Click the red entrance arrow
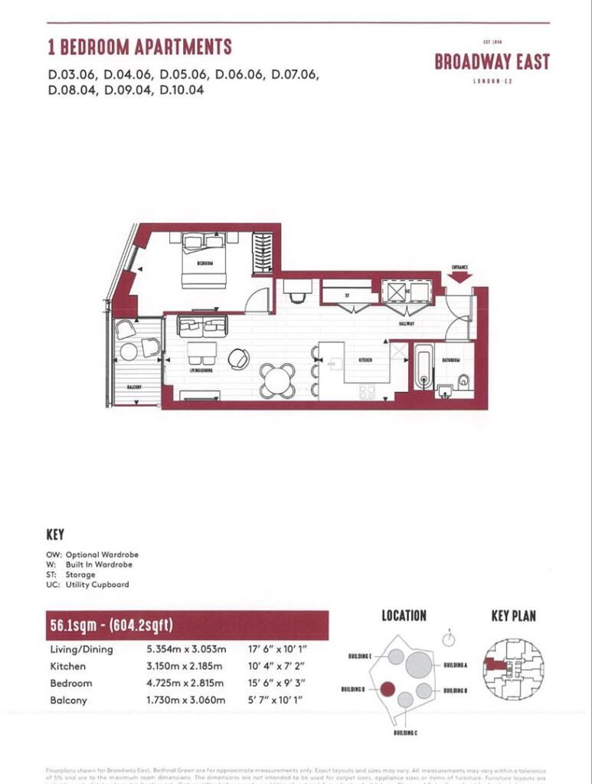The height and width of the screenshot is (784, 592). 460,276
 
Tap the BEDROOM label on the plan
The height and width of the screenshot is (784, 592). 204,263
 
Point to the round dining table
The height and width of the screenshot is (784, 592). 276,380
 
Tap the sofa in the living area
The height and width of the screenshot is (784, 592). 202,325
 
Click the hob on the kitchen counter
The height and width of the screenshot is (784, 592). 367,391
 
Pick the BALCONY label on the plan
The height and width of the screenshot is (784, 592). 134,387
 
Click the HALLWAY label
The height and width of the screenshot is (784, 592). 406,324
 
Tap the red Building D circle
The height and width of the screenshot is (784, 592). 388,689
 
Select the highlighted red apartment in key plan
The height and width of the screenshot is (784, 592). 496,665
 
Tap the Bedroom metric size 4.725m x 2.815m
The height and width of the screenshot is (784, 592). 185,683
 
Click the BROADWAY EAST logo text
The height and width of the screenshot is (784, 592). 492,62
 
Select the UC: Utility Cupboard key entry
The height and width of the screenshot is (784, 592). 88,584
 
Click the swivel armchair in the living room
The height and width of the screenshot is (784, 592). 238,358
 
